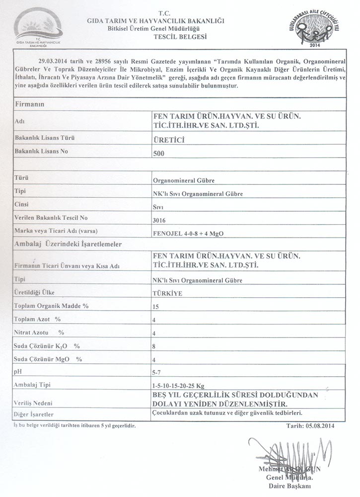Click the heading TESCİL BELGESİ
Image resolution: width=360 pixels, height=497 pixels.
tap(180, 37)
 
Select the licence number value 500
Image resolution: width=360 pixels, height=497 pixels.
tap(159, 154)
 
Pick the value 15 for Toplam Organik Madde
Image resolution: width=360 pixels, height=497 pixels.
tap(157, 306)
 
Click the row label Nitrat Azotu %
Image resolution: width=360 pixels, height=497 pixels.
tap(40, 331)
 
